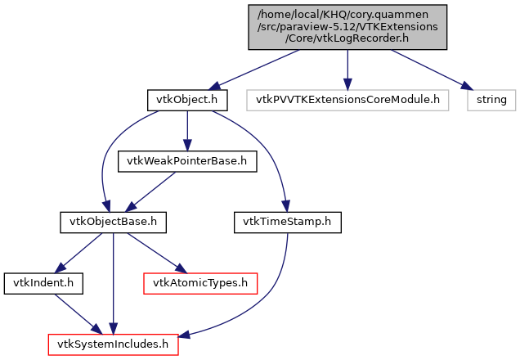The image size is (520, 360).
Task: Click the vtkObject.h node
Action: tap(186, 101)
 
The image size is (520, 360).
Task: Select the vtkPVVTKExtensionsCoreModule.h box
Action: tap(347, 101)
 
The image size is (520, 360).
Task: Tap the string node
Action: tap(491, 101)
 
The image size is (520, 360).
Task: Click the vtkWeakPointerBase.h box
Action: tap(187, 161)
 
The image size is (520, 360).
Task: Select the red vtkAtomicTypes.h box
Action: tap(200, 283)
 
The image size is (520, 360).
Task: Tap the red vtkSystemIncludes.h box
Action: tap(113, 344)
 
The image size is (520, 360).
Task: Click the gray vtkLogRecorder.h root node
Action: tap(347, 28)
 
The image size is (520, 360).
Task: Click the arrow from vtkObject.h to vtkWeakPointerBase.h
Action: tap(187, 131)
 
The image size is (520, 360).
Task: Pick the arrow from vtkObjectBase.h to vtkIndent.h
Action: tap(78, 252)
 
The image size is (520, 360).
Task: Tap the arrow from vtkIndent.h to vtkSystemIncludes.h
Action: tap(74, 313)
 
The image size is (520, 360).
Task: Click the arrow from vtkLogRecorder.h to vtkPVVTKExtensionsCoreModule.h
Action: tap(347, 70)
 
